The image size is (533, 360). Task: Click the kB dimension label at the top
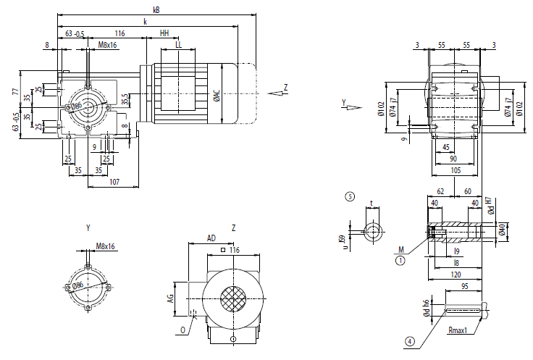[156, 10]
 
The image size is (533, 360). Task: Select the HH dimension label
[164, 33]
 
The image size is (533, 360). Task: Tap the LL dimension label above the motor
[178, 44]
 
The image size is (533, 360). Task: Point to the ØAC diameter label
[217, 96]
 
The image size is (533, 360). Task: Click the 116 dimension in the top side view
[119, 33]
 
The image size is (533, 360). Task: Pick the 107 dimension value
[114, 182]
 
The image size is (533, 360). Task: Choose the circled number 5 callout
[350, 196]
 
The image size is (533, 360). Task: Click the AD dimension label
[211, 238]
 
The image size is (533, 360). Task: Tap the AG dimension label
[172, 297]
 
